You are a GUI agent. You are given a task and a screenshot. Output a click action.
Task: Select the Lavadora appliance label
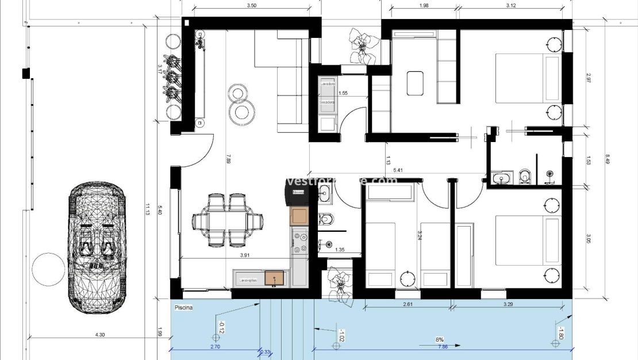click(328, 84)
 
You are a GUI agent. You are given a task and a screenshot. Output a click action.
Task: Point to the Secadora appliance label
click(328, 102)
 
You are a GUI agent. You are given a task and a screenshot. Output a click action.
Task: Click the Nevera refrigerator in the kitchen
click(298, 193)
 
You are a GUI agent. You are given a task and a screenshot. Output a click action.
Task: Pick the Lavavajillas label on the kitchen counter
click(248, 280)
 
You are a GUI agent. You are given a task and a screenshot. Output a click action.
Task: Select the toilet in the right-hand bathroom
click(524, 177)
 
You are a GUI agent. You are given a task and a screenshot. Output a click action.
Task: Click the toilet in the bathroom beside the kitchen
click(325, 219)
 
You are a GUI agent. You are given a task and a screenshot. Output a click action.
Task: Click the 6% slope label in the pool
click(439, 340)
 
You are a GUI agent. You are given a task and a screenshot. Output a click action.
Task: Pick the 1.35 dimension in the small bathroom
click(340, 250)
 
